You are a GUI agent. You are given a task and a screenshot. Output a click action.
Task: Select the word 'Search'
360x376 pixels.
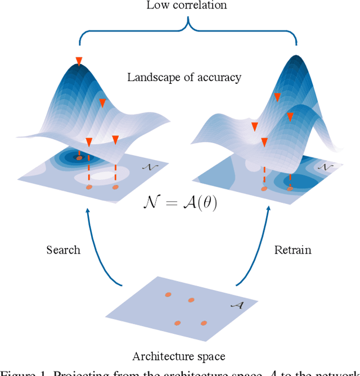[63, 250]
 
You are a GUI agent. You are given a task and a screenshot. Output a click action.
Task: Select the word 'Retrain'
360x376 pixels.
[292, 250]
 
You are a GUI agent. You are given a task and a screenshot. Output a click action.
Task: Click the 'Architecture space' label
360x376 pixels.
[179, 356]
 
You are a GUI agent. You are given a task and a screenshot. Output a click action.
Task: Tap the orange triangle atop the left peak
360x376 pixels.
[79, 61]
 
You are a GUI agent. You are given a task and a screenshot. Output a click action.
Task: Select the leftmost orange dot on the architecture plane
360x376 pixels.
[168, 295]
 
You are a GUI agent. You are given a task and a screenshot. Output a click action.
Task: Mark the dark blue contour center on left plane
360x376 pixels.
[79, 158]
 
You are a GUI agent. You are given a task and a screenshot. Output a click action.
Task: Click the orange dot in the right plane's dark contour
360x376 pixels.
[290, 189]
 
